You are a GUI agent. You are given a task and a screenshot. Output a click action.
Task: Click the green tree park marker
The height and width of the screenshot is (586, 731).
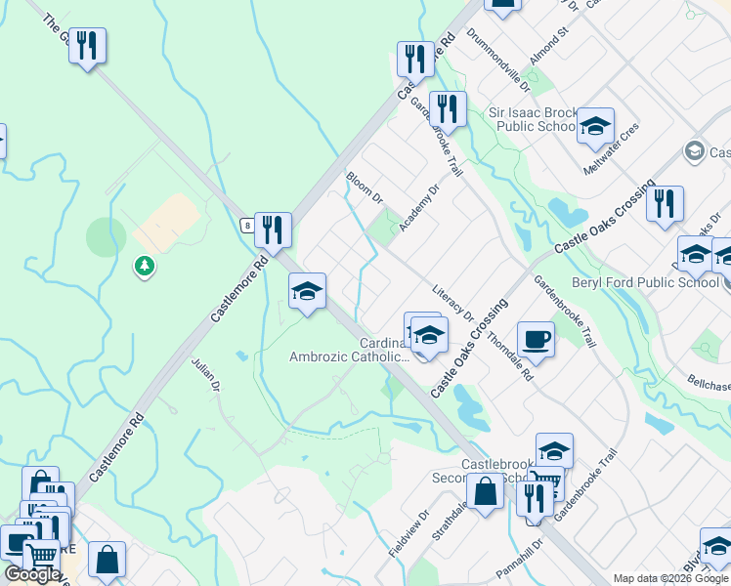(145, 265)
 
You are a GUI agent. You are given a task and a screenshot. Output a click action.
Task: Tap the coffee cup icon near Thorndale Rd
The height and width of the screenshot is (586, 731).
(536, 339)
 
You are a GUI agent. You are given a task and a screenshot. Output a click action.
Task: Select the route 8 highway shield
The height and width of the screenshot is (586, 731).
(249, 225)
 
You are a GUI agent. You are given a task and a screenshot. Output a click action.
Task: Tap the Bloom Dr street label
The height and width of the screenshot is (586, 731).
(364, 188)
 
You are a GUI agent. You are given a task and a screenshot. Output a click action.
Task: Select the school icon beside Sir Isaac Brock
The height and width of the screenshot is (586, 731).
(595, 126)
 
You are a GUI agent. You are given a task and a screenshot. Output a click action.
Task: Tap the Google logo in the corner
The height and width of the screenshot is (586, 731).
(32, 574)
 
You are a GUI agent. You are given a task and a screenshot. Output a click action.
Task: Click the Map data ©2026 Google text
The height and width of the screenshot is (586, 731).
(669, 578)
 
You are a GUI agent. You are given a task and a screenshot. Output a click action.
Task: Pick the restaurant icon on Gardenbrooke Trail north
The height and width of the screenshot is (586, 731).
(447, 108)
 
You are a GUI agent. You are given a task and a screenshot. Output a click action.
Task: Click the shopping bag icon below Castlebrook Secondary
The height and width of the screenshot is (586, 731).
(485, 491)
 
